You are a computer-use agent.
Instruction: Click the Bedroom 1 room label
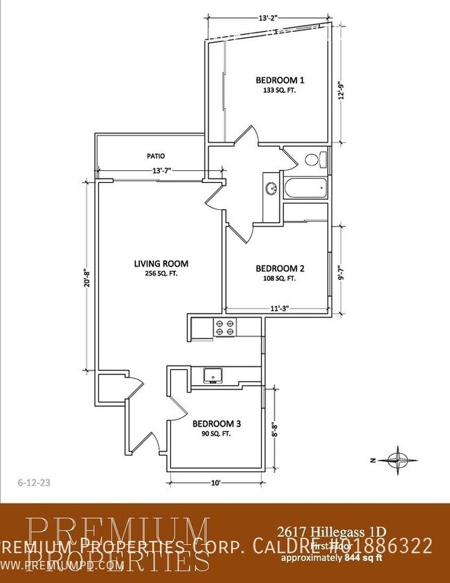coord(280,80)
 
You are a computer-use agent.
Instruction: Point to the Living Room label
coord(161,264)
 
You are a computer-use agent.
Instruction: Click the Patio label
coord(155,156)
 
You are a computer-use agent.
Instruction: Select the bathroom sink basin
coord(271,188)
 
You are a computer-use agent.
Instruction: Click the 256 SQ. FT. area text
coord(161,273)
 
